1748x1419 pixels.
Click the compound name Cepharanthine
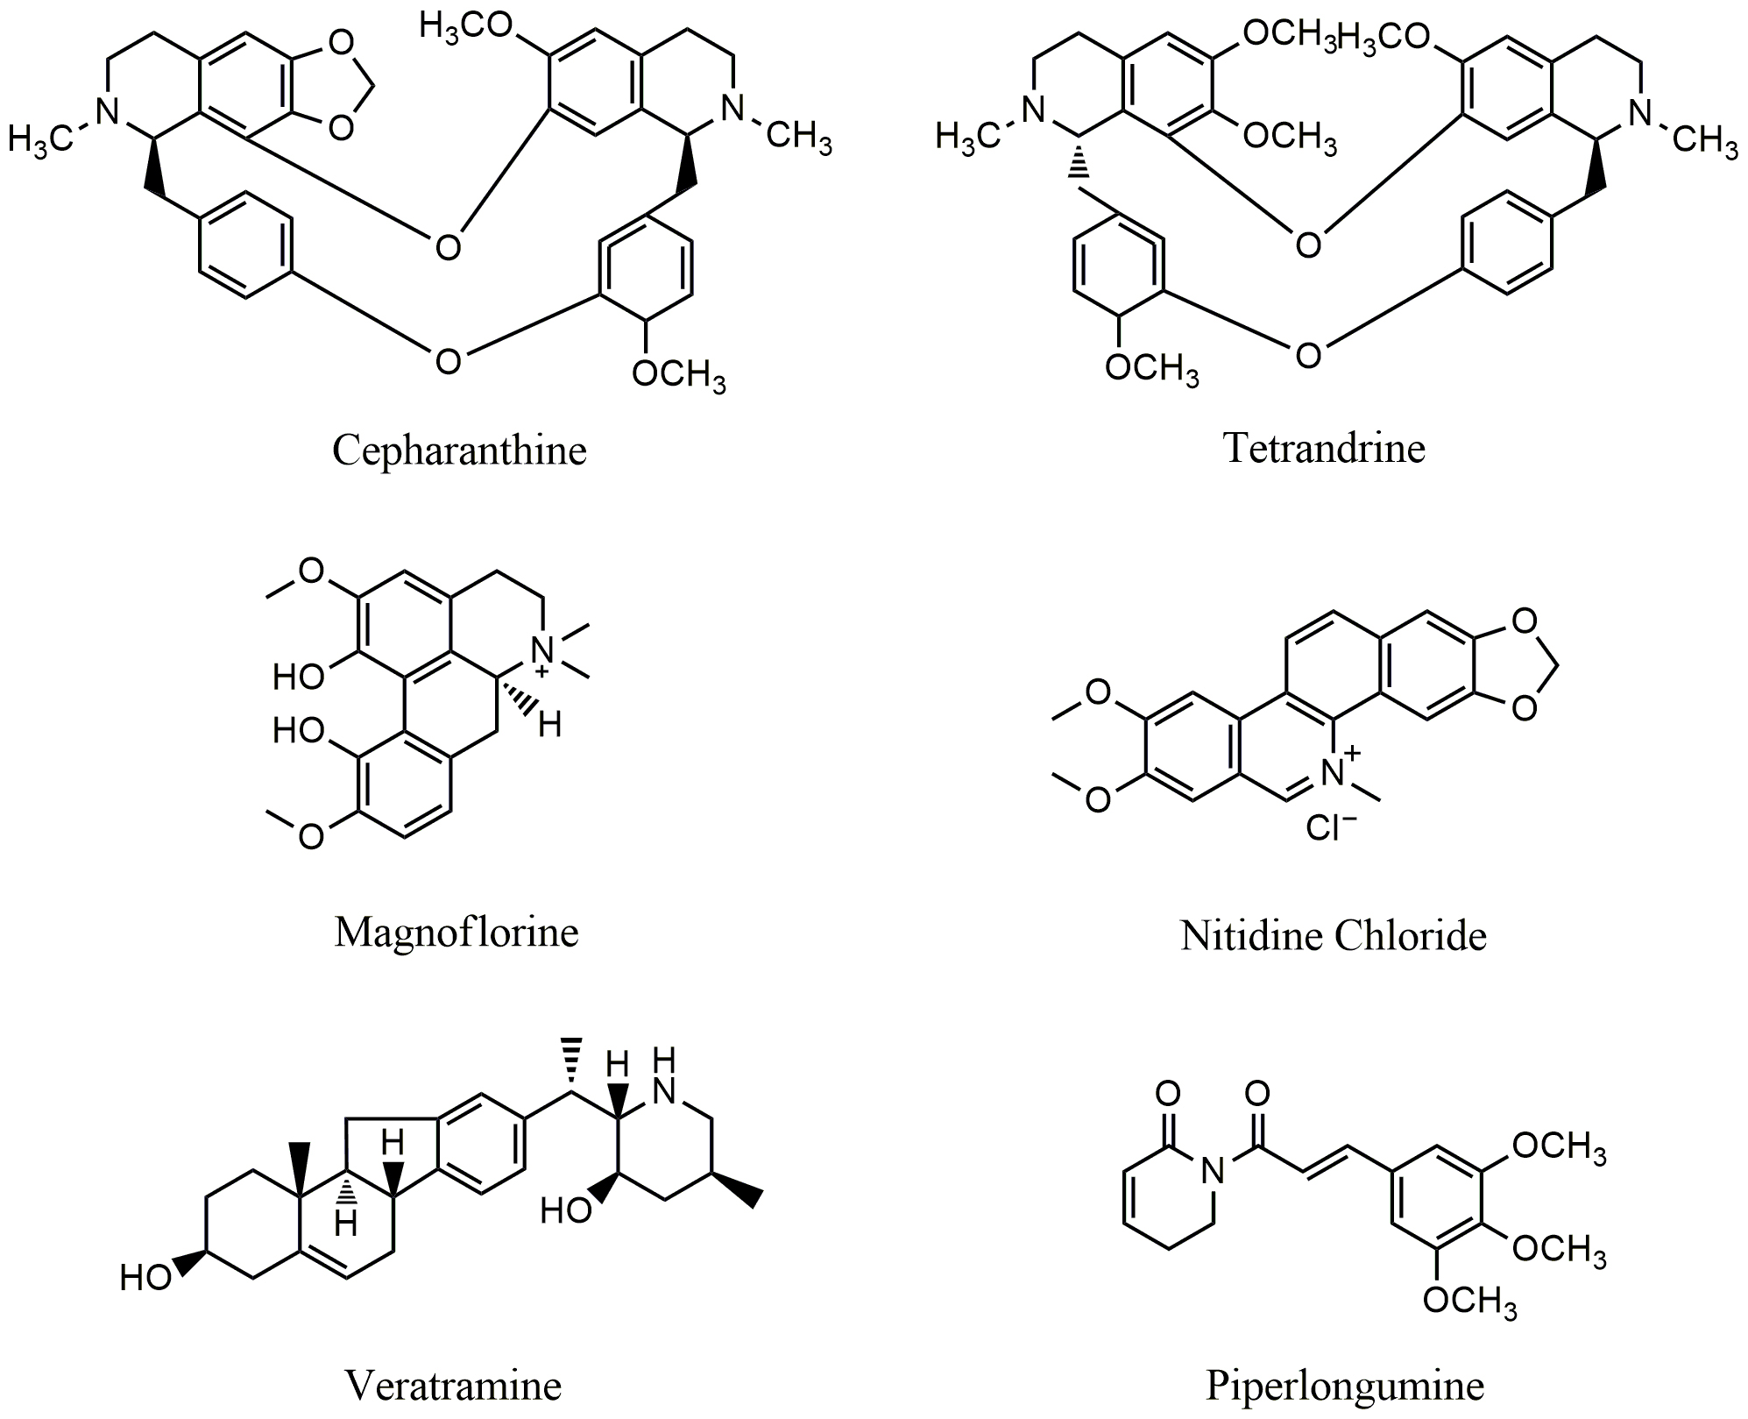(x=459, y=451)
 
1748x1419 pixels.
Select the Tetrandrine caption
(x=1324, y=448)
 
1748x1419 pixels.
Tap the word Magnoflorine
(x=456, y=932)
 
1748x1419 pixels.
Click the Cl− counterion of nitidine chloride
(x=1331, y=827)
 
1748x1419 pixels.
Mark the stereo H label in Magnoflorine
(x=549, y=725)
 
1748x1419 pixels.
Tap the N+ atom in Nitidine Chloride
(x=1337, y=769)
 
